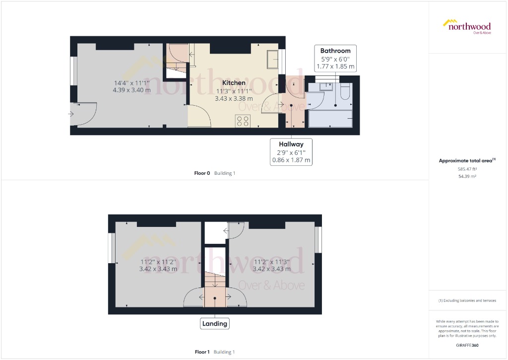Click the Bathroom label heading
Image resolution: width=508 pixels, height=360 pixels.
point(335,51)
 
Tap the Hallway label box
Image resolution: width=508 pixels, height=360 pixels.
point(291,151)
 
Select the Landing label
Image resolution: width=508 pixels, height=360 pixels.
point(215,324)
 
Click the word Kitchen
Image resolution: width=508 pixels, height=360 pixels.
point(233,83)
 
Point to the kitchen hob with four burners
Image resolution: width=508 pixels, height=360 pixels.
point(243,121)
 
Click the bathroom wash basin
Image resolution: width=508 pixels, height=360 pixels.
point(326,87)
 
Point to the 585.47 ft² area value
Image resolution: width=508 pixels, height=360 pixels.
point(467,169)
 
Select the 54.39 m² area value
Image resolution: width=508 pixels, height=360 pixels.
point(467,176)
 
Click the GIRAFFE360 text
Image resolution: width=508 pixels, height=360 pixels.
point(467,345)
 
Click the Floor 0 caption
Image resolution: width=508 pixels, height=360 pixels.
point(202,173)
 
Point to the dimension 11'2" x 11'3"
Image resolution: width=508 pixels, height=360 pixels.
point(271,262)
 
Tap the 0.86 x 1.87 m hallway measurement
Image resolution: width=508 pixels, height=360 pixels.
point(291,160)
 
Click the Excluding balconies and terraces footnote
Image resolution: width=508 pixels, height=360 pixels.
point(467,300)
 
